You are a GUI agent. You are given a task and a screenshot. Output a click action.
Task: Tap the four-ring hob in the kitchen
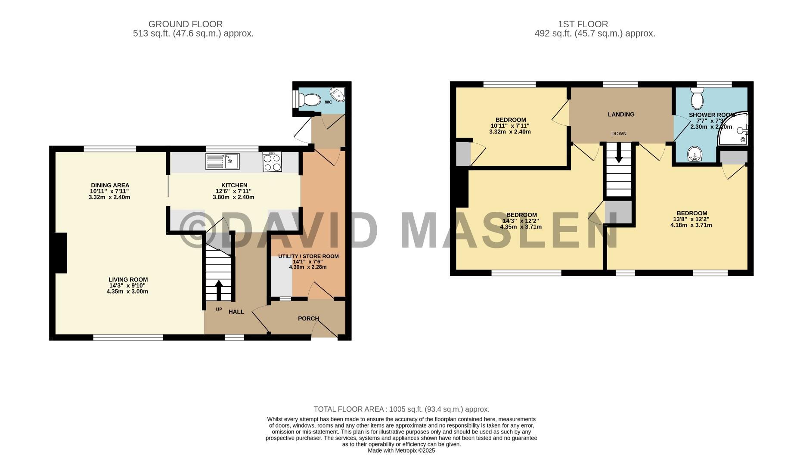click(272, 162)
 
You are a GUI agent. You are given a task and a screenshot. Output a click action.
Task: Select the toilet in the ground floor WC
click(311, 100)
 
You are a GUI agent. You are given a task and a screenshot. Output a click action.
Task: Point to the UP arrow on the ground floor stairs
click(218, 290)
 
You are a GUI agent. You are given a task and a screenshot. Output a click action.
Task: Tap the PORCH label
click(308, 319)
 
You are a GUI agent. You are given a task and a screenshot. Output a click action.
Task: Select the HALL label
click(236, 312)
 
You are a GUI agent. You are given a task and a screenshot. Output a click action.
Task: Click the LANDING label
click(621, 115)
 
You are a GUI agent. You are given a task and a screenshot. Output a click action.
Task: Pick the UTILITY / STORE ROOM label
click(308, 256)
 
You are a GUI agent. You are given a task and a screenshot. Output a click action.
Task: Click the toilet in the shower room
click(697, 99)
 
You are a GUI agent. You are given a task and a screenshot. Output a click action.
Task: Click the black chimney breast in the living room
click(61, 253)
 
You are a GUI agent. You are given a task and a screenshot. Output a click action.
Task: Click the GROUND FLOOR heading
click(185, 24)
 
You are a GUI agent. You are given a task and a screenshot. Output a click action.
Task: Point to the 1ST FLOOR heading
click(583, 24)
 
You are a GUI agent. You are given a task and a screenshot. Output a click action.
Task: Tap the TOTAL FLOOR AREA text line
click(401, 409)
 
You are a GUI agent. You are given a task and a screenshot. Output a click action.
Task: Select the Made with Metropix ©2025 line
click(401, 451)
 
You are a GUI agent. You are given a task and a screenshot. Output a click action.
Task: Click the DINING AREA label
click(110, 186)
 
